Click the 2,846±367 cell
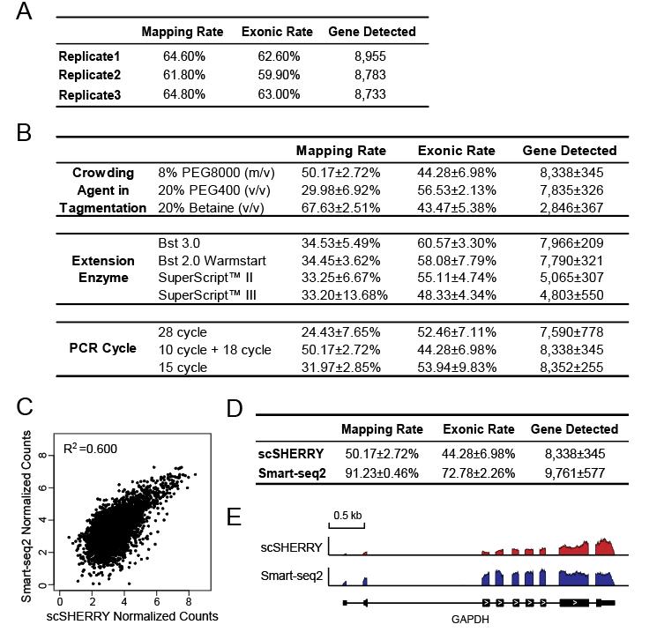tap(568, 207)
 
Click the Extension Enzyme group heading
tap(104, 270)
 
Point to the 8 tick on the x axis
tap(189, 599)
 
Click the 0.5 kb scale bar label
tap(347, 514)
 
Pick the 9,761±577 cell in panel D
tap(574, 472)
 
